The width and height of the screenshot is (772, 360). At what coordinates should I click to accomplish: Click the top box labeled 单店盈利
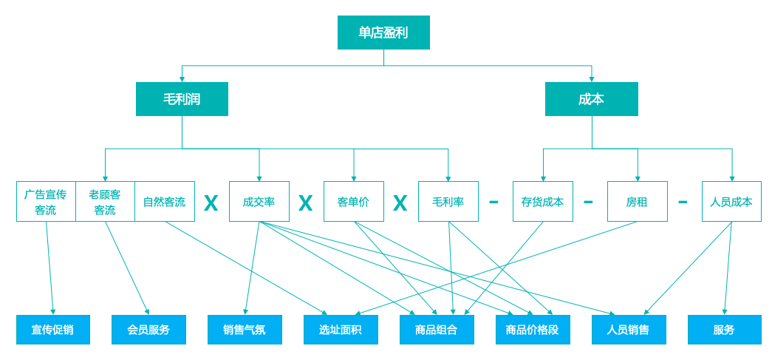(x=383, y=33)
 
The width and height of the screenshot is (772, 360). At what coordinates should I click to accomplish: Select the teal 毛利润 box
(x=182, y=99)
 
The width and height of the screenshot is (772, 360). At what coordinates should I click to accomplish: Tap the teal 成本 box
(x=591, y=99)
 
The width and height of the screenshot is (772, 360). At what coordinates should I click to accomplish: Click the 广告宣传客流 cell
(x=46, y=202)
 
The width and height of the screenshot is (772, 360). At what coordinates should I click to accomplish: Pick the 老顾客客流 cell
(x=105, y=202)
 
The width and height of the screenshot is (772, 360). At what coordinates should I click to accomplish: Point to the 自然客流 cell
(x=165, y=202)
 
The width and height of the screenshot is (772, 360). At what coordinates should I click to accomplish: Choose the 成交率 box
(x=259, y=202)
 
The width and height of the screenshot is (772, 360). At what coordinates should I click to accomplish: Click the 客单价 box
(x=353, y=202)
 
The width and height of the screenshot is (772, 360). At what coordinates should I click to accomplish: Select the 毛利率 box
(x=448, y=202)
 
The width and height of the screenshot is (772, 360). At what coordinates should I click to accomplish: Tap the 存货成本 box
(x=542, y=202)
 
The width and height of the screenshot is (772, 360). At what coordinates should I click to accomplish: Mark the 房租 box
(x=637, y=202)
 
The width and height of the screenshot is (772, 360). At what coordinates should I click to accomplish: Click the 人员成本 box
(x=731, y=202)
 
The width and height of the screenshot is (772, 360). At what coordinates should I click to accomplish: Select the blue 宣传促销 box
(x=53, y=330)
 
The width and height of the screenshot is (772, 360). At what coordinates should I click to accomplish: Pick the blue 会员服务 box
(x=148, y=330)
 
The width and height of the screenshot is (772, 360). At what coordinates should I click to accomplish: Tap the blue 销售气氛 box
(x=245, y=330)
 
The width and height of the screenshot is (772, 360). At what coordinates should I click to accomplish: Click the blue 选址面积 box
(x=341, y=330)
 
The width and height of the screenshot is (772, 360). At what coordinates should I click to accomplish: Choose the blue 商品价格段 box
(x=533, y=330)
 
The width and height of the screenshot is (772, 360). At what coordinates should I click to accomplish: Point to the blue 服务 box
(x=724, y=330)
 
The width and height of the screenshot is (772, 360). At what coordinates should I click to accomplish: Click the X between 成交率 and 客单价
(x=306, y=203)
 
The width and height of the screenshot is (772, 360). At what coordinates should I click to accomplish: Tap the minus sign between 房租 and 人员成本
(x=683, y=202)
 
